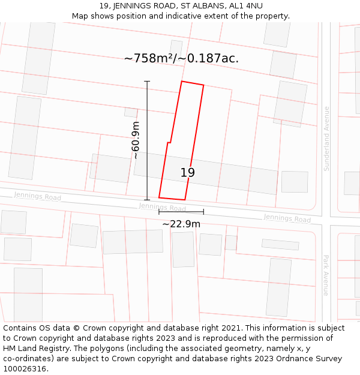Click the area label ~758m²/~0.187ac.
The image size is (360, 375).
coord(181,58)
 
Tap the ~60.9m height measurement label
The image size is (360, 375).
coord(136,140)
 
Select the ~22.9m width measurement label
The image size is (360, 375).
coord(181,224)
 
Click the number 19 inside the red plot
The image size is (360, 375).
coord(187,173)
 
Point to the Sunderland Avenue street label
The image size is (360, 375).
coord(326,139)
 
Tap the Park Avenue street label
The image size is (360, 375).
coord(326,275)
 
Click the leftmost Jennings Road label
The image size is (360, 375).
coord(37,196)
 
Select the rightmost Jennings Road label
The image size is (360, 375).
coord(287,218)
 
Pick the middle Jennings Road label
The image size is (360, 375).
coord(162,207)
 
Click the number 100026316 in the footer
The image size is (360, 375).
coord(25,369)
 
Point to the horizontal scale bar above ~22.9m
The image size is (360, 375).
coord(181,212)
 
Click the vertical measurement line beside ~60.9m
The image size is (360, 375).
coord(147,140)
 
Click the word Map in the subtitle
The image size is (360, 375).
coord(80,16)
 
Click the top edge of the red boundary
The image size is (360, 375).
coord(193,83)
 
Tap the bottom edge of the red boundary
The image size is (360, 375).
coord(172,198)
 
